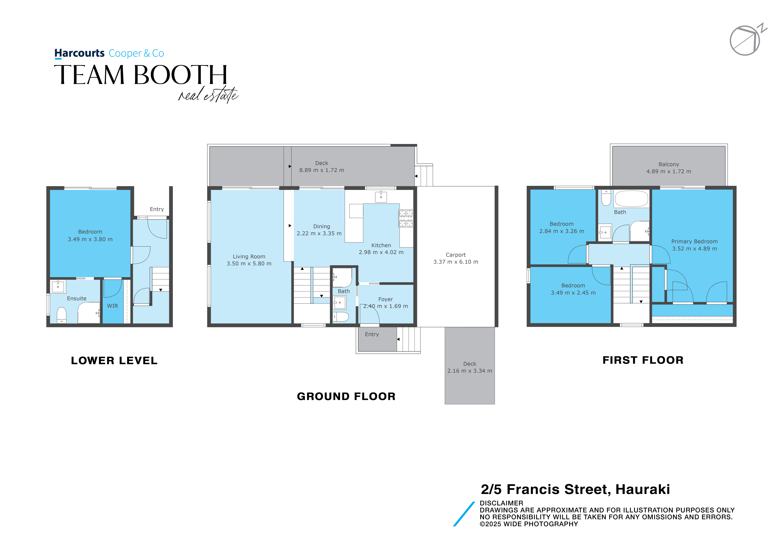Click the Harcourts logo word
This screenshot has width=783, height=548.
coord(79,54)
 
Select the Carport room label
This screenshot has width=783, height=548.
coord(456,255)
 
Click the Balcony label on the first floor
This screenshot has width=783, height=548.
coord(669,164)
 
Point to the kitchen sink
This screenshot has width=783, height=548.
coord(381,197)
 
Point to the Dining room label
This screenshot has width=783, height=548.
coord(322,226)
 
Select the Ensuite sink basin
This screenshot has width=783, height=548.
coord(58,287)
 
